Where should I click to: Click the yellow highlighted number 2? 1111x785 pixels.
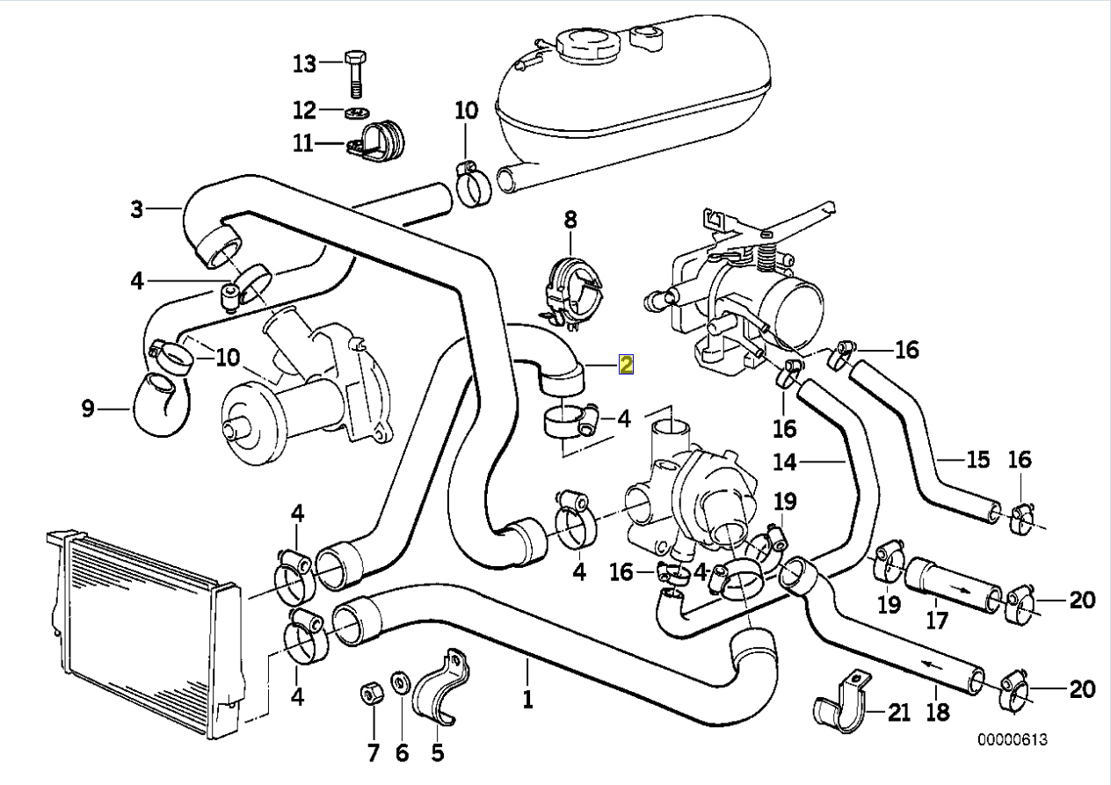click(x=626, y=365)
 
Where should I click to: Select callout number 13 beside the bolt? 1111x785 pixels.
click(x=303, y=63)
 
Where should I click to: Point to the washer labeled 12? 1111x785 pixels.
click(x=356, y=113)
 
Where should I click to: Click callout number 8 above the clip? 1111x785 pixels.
click(x=570, y=217)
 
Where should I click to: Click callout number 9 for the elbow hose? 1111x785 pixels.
click(x=87, y=409)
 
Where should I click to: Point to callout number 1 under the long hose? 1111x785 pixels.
click(x=528, y=701)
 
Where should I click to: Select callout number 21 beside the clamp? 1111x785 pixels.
click(x=898, y=712)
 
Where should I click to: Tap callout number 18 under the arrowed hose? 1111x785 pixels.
click(x=939, y=711)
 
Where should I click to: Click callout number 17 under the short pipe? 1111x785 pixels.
click(x=938, y=621)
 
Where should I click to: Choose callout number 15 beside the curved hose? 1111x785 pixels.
click(x=977, y=459)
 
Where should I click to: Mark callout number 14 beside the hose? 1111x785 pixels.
click(x=785, y=461)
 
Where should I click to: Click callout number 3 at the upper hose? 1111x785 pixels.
click(x=136, y=209)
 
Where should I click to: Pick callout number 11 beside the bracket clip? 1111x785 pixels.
click(x=303, y=142)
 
